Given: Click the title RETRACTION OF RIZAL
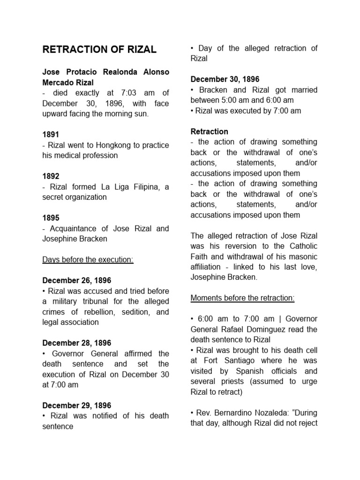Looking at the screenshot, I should [99, 50].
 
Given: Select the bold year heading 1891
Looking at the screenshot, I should [51, 135].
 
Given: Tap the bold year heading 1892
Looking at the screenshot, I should [51, 176].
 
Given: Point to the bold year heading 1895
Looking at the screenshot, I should [51, 218].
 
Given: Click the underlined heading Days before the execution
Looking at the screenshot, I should [88, 260].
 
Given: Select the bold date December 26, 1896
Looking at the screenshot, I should [77, 281].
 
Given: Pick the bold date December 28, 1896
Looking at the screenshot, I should [77, 343].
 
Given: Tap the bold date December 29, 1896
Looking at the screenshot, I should [77, 405].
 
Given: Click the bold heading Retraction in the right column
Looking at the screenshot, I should [210, 131].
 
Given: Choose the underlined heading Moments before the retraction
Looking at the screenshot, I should [242, 298].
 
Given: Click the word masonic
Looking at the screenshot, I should [298, 256].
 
